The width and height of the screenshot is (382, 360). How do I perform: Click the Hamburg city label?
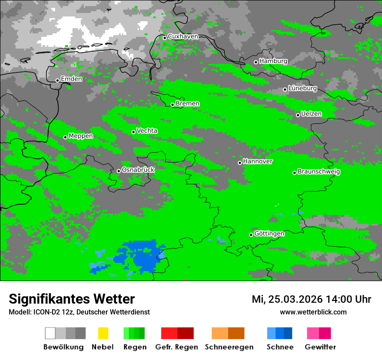[273, 61]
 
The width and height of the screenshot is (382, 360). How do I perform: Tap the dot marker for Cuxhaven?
[165, 38]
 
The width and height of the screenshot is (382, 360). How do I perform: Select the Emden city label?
[71, 79]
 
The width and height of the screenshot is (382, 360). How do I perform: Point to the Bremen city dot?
[172, 105]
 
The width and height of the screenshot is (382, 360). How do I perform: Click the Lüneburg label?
[303, 88]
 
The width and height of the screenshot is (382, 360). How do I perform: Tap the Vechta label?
[147, 131]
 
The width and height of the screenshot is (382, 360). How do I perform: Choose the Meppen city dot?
[65, 137]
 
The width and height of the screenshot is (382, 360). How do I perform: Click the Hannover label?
[257, 161]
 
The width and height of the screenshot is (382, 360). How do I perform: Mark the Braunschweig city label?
[319, 172]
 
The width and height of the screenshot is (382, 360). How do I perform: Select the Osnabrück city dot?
[119, 171]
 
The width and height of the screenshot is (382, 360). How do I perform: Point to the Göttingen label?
[269, 234]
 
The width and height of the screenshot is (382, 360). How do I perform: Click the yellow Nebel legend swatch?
[103, 333]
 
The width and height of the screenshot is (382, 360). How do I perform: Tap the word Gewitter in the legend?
[320, 347]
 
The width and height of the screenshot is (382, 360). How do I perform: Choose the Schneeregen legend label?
[229, 347]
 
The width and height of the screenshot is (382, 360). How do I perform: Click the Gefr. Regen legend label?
[176, 347]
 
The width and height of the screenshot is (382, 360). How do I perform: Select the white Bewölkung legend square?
[50, 333]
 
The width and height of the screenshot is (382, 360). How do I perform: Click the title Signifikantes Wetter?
[72, 299]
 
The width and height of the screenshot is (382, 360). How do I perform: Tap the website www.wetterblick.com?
[313, 312]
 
